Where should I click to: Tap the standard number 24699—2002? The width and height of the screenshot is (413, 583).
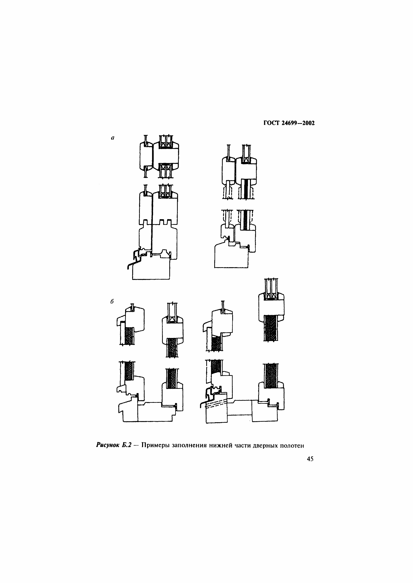click(298, 123)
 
